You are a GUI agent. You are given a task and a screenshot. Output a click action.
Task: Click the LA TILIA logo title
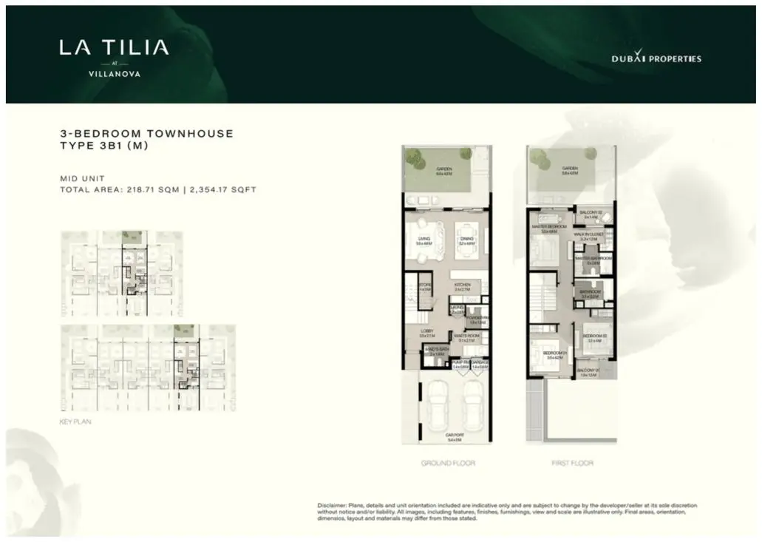[x=114, y=49]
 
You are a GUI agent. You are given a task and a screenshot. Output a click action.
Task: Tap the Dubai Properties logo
[x=656, y=58]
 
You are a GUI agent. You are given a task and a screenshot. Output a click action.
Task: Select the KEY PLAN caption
[x=74, y=422]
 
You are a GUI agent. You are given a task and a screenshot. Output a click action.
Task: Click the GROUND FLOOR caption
[x=448, y=463]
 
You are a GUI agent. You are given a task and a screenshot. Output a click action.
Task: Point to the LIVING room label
[x=423, y=239]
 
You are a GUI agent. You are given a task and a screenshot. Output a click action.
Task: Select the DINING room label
[x=466, y=239]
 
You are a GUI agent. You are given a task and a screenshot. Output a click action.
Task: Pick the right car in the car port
[x=472, y=406]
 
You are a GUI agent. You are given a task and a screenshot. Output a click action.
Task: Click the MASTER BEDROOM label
[x=549, y=226]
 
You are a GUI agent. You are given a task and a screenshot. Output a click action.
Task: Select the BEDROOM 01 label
[x=554, y=353]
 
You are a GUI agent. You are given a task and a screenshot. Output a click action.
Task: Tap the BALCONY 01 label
[x=588, y=369]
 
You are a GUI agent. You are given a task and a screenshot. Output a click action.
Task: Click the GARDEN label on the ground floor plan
[x=444, y=169]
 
